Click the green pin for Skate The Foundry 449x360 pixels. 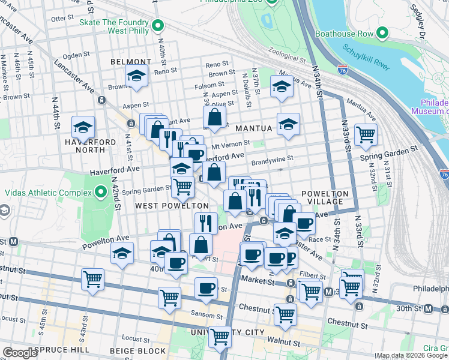click(158, 25)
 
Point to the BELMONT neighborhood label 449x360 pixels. click(131, 62)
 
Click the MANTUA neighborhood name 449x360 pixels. click(255, 128)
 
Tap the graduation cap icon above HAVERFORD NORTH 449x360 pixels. click(83, 127)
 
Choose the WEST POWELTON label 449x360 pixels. click(163, 206)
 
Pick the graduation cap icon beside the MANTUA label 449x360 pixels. click(288, 124)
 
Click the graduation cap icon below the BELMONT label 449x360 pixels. click(136, 76)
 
